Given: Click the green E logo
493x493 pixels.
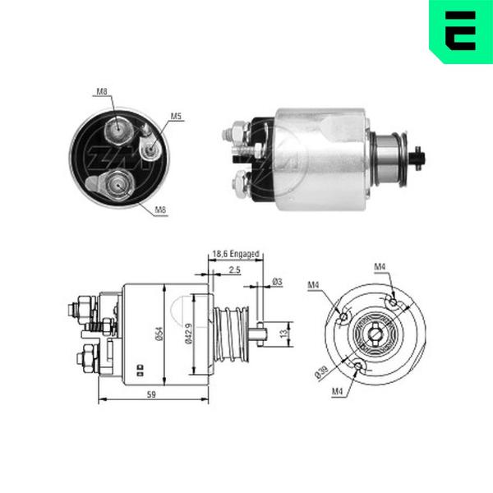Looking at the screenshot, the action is click(x=461, y=31).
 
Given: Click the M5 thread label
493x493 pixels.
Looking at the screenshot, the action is click(x=176, y=117).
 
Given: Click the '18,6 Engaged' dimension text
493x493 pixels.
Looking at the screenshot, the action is click(x=236, y=254).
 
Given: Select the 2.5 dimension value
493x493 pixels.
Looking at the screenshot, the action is click(x=234, y=270).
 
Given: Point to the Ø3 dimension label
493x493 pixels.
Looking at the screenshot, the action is click(x=277, y=282).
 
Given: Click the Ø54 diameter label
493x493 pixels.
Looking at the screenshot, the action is click(x=159, y=334).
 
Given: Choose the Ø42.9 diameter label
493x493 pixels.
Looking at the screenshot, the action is click(x=189, y=334).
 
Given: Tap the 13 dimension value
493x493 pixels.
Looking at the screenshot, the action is click(x=284, y=334).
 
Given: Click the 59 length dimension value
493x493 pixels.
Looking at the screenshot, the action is click(x=151, y=394).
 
